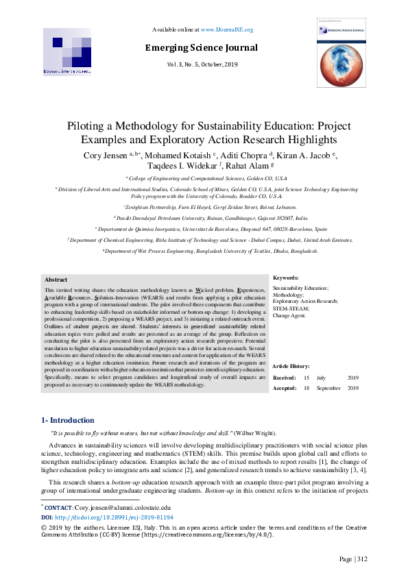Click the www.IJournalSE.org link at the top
tap(227, 30)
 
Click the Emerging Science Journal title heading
tap(201, 48)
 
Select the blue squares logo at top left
tap(67, 51)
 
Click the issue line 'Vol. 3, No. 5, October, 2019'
tap(201, 64)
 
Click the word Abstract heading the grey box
tap(56, 280)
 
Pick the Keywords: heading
tap(286, 278)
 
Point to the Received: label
tap(285, 378)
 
